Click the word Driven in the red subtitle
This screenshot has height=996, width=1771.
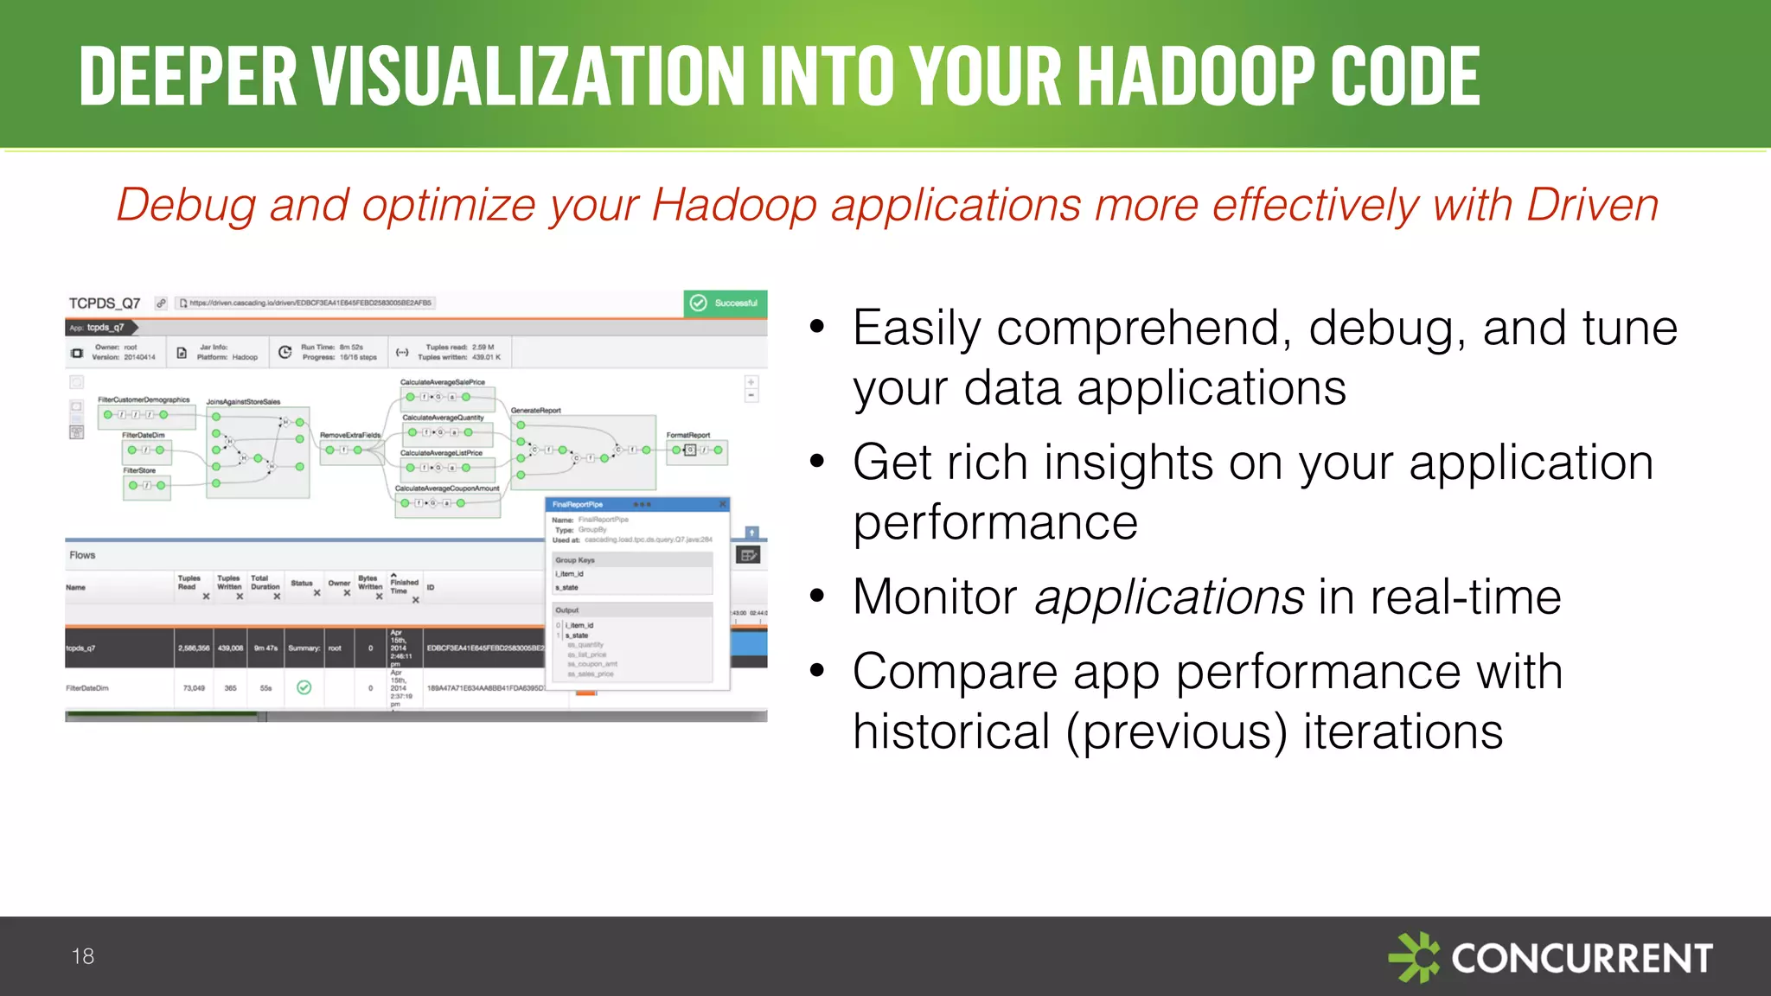tap(1592, 206)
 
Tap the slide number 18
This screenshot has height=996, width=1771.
tap(83, 956)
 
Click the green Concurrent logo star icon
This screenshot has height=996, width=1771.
tap(1414, 957)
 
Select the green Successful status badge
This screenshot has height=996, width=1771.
tap(726, 303)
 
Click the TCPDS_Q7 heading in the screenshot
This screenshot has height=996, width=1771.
tap(105, 303)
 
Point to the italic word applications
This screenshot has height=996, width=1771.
tap(1169, 597)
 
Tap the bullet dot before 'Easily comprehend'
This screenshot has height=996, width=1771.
tap(817, 329)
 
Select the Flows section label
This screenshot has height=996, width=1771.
tap(82, 555)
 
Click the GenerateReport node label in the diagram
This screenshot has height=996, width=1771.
tap(535, 411)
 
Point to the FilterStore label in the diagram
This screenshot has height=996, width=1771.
tap(139, 471)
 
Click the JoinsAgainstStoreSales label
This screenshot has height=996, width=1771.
tap(243, 402)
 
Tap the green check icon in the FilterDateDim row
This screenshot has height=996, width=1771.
tap(304, 688)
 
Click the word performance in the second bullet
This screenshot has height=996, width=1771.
tap(995, 523)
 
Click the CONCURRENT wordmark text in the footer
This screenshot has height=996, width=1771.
tap(1582, 959)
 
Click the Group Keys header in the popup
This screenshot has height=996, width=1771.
tap(575, 560)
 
